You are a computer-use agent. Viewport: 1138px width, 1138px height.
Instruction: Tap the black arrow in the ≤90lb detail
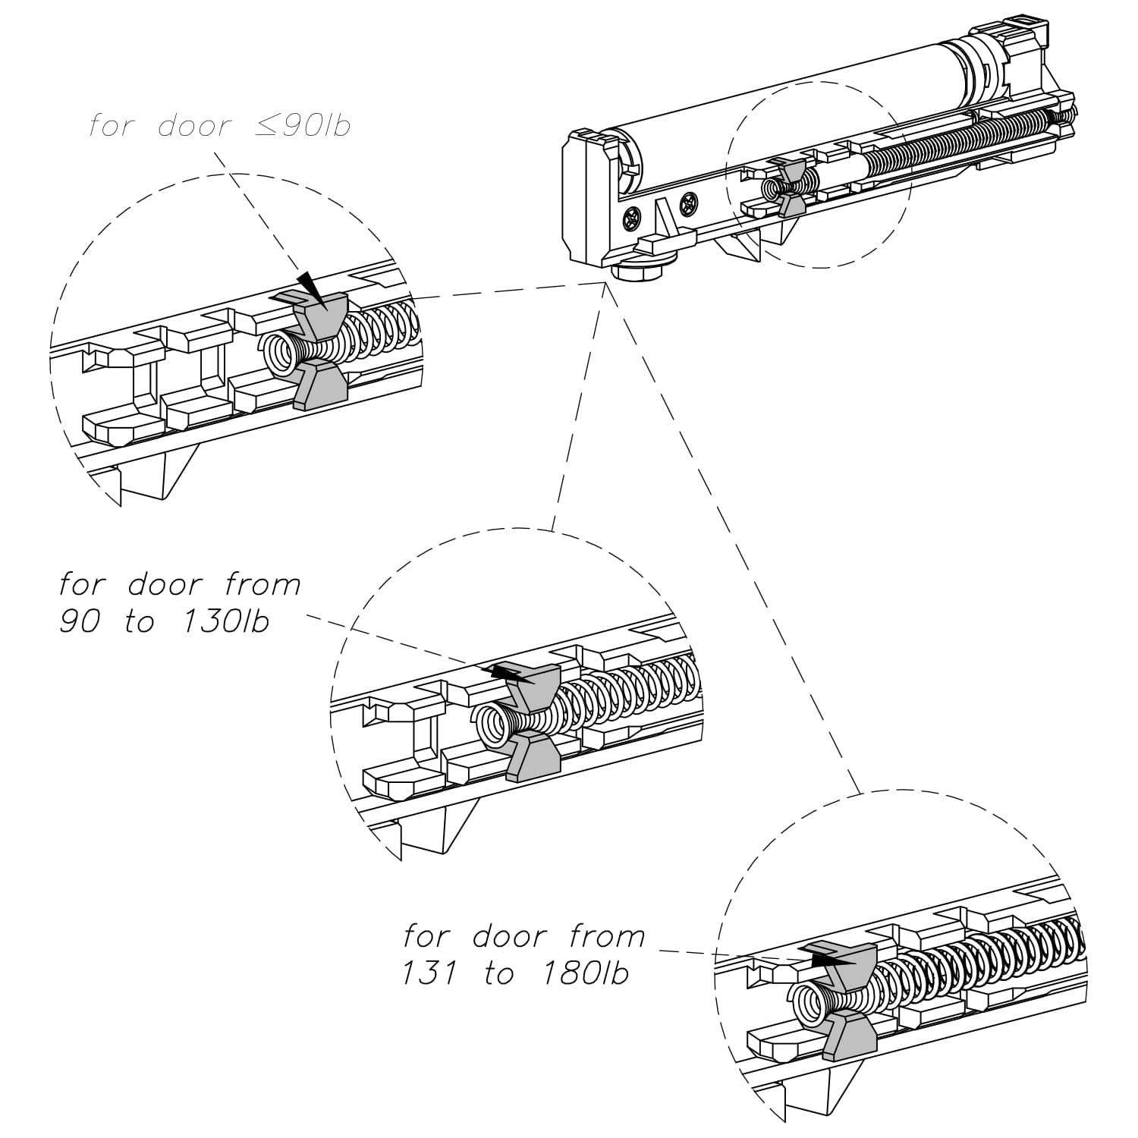point(311,288)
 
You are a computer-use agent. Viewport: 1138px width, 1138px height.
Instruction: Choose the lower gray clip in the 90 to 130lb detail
point(531,758)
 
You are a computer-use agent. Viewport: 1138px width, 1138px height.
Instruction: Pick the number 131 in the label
point(429,973)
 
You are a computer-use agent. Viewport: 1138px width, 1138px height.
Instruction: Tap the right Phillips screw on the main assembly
point(689,203)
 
